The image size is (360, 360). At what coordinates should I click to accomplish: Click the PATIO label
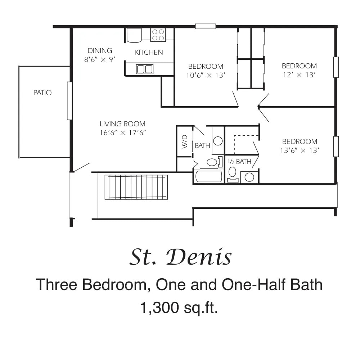click(x=42, y=93)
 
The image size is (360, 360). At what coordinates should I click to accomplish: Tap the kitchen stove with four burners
click(x=158, y=35)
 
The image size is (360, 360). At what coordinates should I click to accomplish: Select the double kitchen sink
click(x=145, y=69)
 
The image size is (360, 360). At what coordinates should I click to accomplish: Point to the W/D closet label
click(x=185, y=141)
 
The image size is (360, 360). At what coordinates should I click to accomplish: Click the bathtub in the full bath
click(x=209, y=176)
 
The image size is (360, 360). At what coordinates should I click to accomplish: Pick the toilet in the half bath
click(x=233, y=174)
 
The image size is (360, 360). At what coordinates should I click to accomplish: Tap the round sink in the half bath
click(x=249, y=177)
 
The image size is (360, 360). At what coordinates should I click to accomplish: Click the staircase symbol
click(x=136, y=187)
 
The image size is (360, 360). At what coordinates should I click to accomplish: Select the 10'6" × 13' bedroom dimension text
click(x=206, y=75)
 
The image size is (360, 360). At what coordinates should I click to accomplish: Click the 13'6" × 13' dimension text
click(x=300, y=150)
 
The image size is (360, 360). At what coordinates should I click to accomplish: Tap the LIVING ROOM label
click(x=123, y=124)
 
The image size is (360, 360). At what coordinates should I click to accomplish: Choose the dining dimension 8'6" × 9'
click(x=100, y=59)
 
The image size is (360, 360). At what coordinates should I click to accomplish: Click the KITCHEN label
click(x=149, y=52)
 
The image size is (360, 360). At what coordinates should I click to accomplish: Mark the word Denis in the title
click(x=199, y=257)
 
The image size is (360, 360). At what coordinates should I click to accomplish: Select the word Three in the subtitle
click(x=57, y=284)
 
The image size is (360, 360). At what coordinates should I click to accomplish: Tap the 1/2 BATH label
click(x=240, y=162)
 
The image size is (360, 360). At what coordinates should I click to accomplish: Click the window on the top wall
click(x=206, y=26)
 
